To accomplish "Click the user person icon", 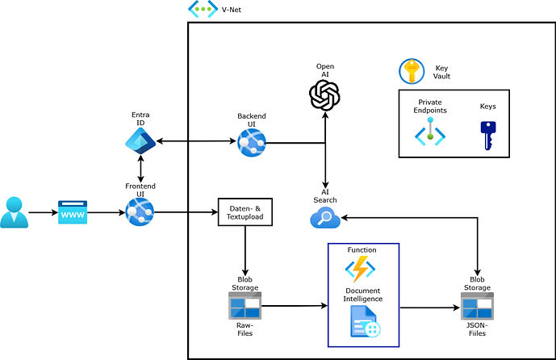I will [x=13, y=212].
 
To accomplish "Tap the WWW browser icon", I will [x=72, y=213].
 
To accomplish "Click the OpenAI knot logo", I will [x=324, y=94].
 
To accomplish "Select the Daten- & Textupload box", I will [x=244, y=212].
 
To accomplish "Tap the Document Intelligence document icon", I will [x=365, y=320].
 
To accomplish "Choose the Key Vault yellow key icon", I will [x=412, y=72].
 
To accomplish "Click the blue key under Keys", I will [x=487, y=134].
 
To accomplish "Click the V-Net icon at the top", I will [x=201, y=10].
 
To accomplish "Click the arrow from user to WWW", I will [x=42, y=213].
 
